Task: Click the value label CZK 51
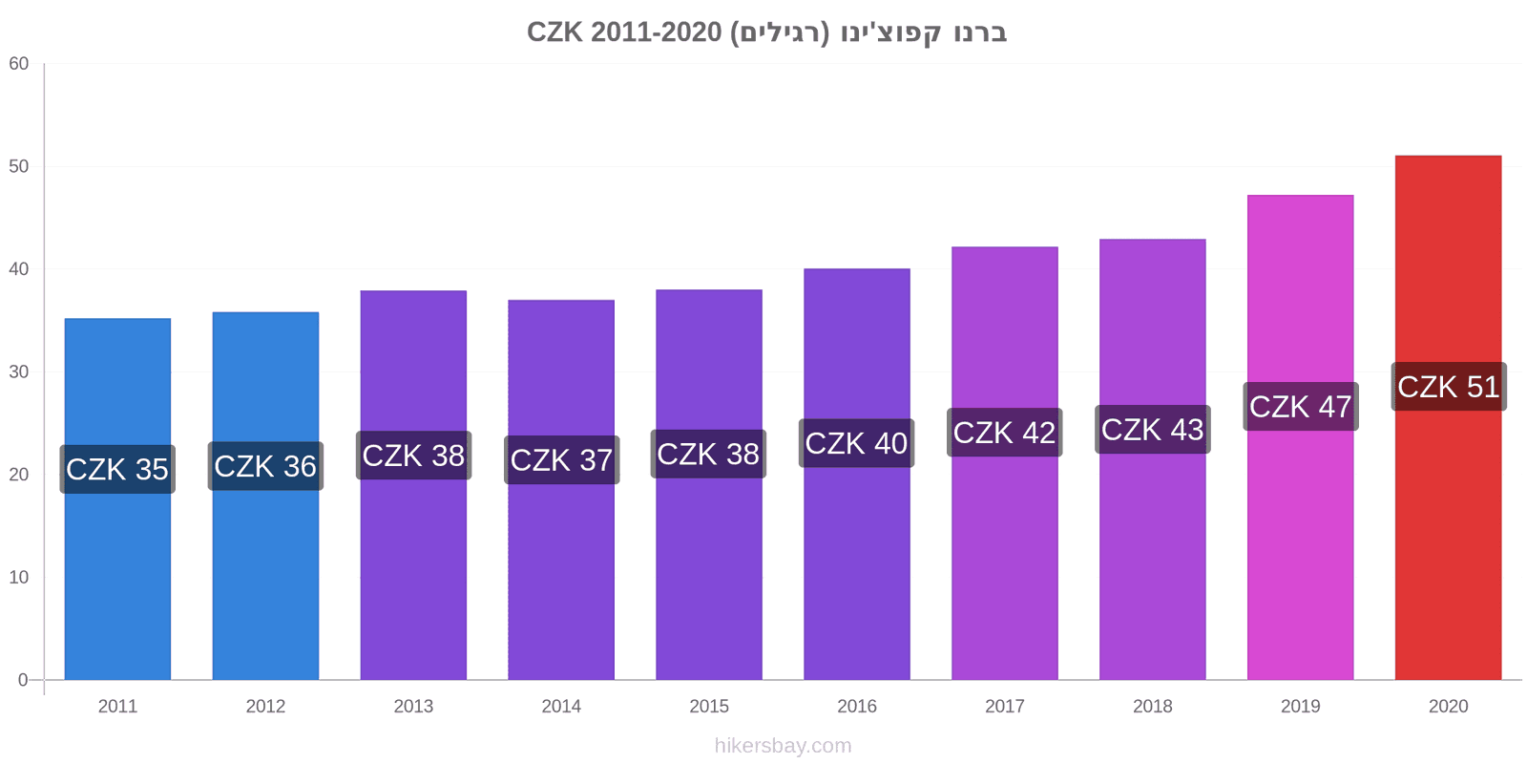click(x=1449, y=387)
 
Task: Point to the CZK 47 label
click(x=1301, y=407)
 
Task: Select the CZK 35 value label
click(x=117, y=469)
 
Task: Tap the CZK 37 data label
click(x=562, y=459)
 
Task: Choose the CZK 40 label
click(x=856, y=443)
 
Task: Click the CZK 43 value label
click(x=1153, y=430)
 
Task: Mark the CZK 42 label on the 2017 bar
click(x=1004, y=433)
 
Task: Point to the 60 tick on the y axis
click(x=18, y=64)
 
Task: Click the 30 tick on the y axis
click(x=18, y=372)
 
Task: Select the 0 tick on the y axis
click(x=23, y=680)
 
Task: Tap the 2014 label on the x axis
click(x=561, y=707)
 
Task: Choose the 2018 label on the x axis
click(x=1153, y=707)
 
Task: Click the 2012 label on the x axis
click(x=265, y=707)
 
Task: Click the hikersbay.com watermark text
click(x=784, y=746)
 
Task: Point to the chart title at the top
click(x=767, y=32)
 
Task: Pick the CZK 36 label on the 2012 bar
click(x=265, y=467)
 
